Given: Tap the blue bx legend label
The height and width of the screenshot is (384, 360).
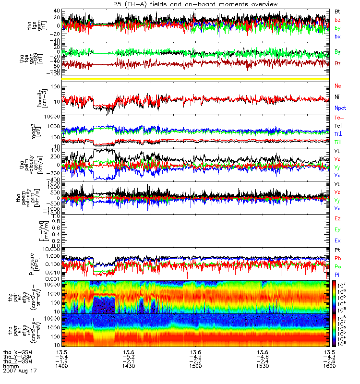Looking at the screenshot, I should click(337, 36).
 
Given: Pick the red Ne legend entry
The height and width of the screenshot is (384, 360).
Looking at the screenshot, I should click(338, 86).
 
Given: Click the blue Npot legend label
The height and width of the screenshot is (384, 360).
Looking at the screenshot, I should click(340, 108).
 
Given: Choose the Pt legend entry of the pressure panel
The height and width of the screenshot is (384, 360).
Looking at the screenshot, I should click(337, 251).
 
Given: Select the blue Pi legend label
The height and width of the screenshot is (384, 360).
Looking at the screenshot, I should click(337, 275).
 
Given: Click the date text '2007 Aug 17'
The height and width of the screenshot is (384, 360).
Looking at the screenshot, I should click(19, 371).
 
